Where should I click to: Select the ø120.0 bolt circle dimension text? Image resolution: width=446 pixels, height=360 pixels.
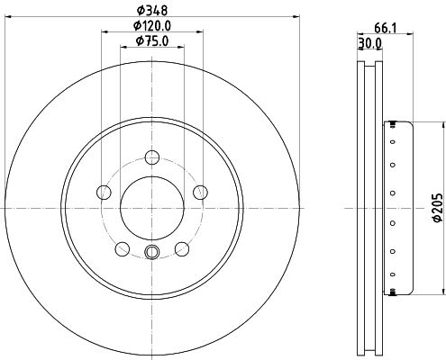(151, 26)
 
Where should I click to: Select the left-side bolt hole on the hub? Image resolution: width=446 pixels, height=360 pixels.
(104, 193)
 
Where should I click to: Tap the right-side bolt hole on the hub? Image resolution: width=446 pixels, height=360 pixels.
(200, 192)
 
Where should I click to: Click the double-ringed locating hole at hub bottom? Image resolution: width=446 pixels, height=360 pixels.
(151, 252)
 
